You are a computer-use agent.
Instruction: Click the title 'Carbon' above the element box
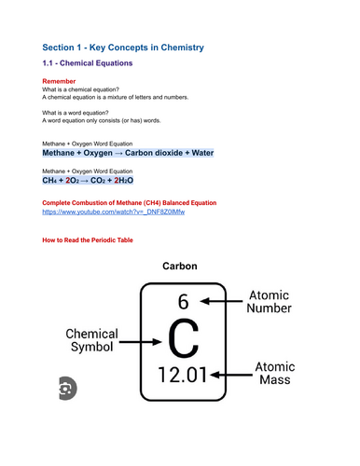coord(181,266)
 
